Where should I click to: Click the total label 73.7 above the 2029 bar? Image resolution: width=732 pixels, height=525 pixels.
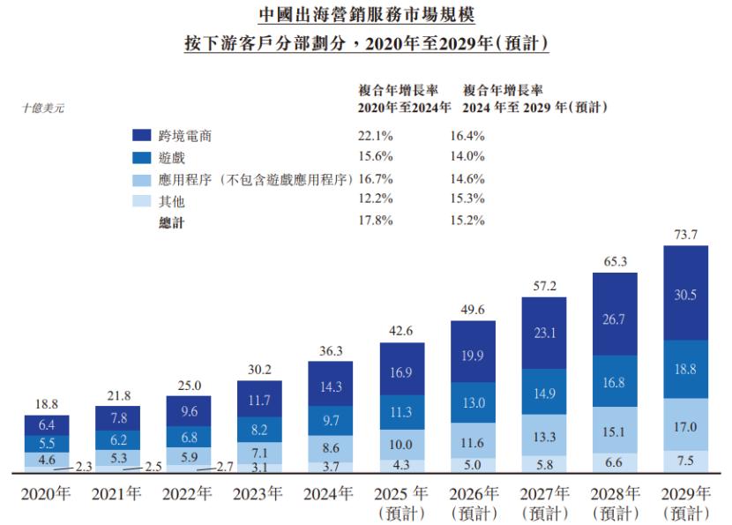click(684, 234)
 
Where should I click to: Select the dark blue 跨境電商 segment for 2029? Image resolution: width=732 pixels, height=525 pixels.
click(684, 296)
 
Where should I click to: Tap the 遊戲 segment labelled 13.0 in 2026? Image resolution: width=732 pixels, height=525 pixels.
click(472, 402)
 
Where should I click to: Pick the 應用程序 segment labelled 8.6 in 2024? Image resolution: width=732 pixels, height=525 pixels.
click(330, 448)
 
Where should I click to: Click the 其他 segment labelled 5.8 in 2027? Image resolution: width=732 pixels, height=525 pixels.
click(543, 461)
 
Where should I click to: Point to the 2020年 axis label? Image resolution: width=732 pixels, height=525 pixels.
click(46, 494)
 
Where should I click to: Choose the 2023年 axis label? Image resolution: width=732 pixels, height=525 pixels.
click(258, 494)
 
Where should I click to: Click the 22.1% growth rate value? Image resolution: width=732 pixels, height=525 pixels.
click(376, 136)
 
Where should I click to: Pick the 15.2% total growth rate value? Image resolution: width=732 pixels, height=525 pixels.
click(467, 221)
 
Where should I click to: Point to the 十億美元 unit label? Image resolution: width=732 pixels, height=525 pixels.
click(44, 109)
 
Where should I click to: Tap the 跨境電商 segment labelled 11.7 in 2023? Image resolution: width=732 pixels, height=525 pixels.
click(258, 400)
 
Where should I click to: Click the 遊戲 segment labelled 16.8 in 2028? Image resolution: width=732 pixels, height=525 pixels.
click(615, 382)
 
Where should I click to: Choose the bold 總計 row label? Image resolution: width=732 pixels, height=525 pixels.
click(172, 222)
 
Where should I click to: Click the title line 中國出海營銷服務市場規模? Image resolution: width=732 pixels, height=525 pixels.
click(365, 14)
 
